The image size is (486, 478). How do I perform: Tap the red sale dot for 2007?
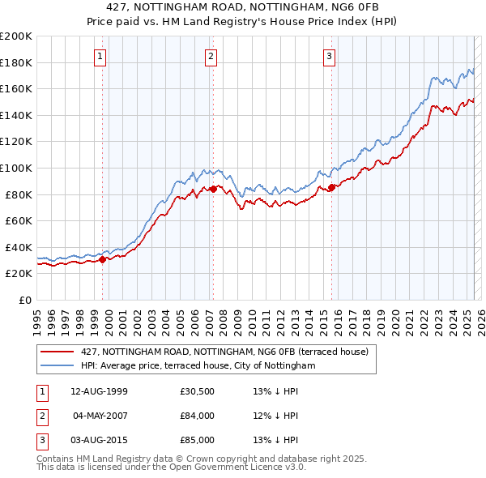pos(213,189)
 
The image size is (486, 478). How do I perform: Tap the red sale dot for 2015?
pos(331,188)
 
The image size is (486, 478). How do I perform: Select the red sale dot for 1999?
pos(103,259)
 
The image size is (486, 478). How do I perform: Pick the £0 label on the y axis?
pos(24,300)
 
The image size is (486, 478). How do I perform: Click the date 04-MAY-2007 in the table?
pos(100,416)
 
